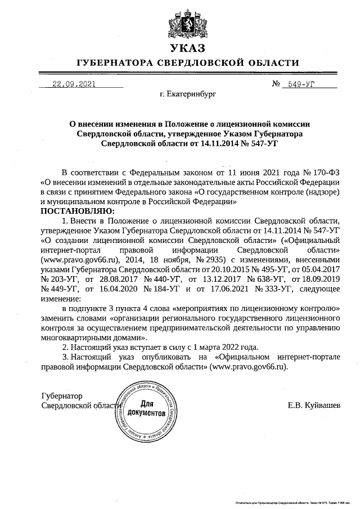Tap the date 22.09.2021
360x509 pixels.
[74, 85]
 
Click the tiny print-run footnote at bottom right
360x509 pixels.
[295, 501]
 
